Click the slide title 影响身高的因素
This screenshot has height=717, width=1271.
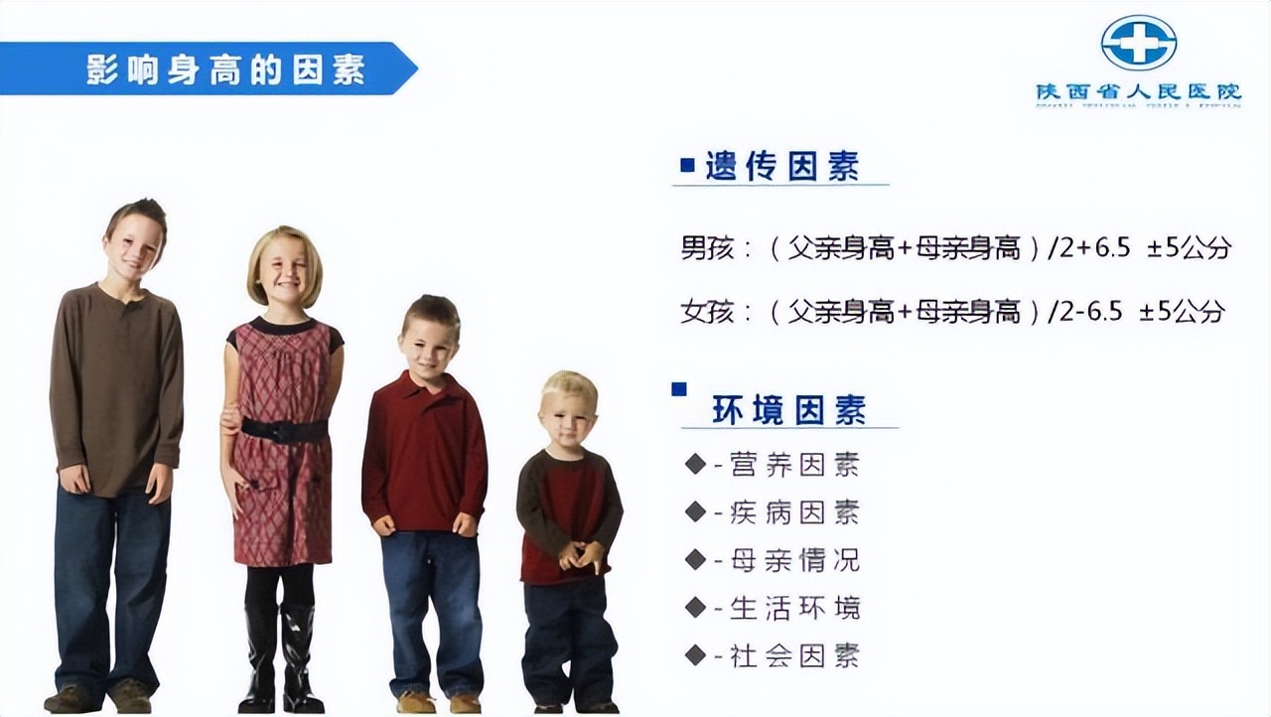225,70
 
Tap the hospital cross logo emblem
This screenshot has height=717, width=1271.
1138,42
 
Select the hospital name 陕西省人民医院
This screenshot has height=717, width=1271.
1138,91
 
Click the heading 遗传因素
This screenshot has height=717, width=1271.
781,166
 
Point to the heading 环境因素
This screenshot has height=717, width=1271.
788,410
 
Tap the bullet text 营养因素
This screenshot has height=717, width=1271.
794,464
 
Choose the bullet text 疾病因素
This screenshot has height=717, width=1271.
794,512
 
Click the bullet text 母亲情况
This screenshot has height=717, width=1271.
794,560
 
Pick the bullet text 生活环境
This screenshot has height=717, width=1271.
794,608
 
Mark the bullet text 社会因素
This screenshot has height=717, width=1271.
794,655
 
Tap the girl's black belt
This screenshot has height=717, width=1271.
284,430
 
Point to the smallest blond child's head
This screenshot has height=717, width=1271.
569,407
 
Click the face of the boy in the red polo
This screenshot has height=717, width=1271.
428,340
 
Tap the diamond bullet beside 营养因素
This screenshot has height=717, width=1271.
695,464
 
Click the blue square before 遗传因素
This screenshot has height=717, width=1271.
687,166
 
